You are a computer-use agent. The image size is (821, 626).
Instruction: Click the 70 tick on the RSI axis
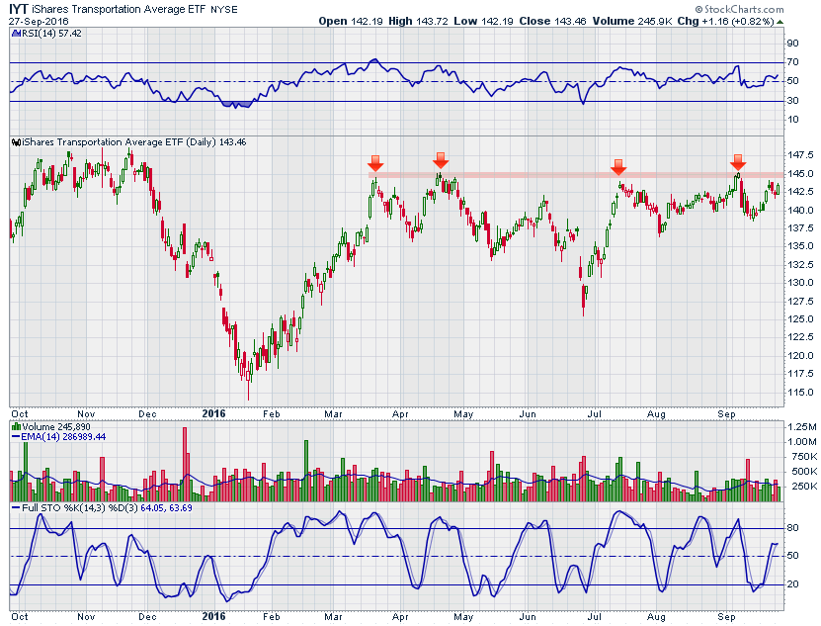tap(792, 62)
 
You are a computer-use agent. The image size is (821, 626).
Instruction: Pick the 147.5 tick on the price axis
tap(799, 155)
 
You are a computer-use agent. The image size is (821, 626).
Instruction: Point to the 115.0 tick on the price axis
tap(799, 393)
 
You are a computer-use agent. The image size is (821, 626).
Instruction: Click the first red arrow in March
tap(375, 162)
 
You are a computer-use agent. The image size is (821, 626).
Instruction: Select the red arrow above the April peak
tap(441, 160)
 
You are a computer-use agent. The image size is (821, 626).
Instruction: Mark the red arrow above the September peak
tap(737, 162)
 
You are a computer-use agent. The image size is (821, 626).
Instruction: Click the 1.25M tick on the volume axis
tap(800, 425)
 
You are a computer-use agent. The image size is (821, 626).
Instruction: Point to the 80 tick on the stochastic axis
tap(792, 528)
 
